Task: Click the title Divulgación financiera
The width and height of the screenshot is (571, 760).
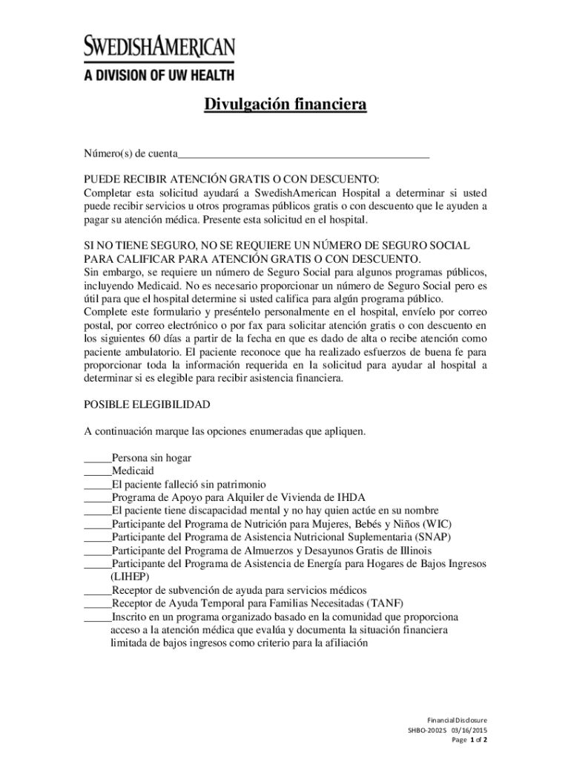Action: (x=285, y=106)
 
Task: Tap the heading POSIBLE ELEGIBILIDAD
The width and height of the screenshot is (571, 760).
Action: (x=147, y=404)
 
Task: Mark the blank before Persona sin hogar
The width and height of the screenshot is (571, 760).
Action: (x=97, y=458)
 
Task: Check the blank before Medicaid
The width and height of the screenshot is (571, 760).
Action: (x=97, y=471)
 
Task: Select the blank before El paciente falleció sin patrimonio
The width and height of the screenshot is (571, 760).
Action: (x=97, y=484)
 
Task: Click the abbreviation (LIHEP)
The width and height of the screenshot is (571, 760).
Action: (x=130, y=577)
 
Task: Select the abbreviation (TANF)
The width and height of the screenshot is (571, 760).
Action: (x=384, y=603)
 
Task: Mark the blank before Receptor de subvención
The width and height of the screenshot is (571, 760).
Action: (x=97, y=590)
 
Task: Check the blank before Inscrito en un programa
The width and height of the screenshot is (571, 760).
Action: (x=97, y=617)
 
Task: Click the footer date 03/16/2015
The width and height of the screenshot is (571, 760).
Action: (x=470, y=730)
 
